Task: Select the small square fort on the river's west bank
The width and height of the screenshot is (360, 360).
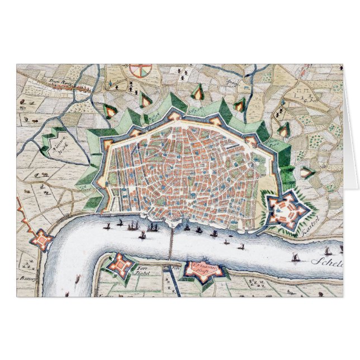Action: pos(41,239)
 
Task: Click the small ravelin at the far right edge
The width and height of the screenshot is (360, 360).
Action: pos(307,173)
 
